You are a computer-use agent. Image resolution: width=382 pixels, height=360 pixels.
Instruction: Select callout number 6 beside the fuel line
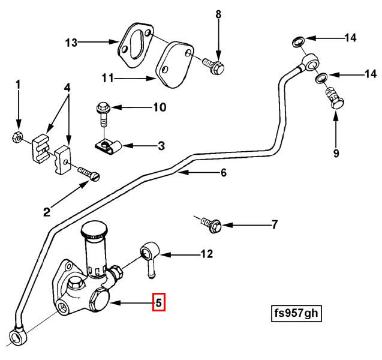click(x=223, y=173)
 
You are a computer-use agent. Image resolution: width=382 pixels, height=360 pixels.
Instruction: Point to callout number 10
click(x=159, y=108)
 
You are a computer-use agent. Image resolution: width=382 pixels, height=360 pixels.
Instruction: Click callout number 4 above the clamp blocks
click(x=68, y=88)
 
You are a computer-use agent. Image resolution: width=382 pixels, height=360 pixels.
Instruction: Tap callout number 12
click(x=206, y=254)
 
